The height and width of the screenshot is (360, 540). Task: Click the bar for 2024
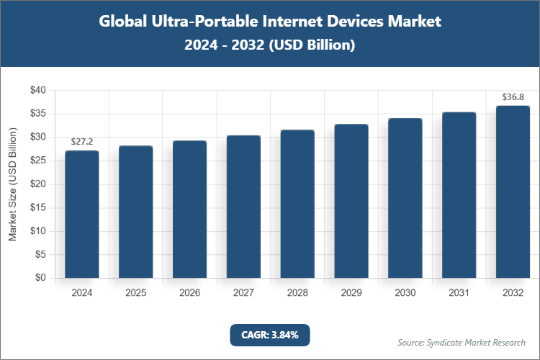tap(81, 214)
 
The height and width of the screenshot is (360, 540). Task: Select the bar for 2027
tap(243, 207)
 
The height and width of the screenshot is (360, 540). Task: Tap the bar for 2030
tap(405, 198)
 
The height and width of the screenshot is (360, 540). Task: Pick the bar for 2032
tap(513, 192)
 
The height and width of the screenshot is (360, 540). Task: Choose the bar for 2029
tap(351, 201)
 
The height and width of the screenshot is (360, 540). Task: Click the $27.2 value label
tap(81, 143)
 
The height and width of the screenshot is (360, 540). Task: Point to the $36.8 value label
tap(513, 97)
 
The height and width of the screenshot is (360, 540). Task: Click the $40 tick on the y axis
tap(37, 91)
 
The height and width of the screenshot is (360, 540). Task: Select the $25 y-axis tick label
tap(37, 161)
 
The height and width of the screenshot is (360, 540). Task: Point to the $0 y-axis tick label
tap(40, 278)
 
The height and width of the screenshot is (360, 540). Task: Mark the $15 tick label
tap(37, 207)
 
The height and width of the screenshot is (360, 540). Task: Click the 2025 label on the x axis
tap(135, 293)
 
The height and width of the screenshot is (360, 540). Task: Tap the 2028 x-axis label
tap(297, 293)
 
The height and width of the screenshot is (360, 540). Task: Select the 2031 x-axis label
tap(459, 293)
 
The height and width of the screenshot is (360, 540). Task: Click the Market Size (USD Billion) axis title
tap(12, 184)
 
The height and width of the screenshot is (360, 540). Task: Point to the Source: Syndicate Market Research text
tap(461, 342)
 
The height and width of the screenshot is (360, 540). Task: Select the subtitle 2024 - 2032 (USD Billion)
tap(269, 45)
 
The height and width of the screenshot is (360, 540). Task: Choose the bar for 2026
tap(189, 210)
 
